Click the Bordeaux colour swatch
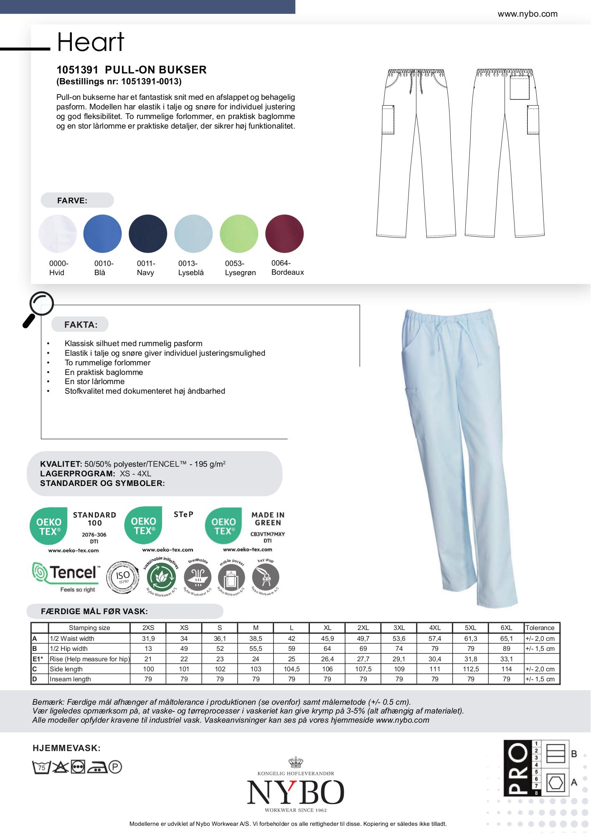[284, 233]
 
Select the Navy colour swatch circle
[148, 233]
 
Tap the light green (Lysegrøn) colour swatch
[239, 233]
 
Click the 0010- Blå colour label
[104, 268]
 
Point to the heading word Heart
[91, 42]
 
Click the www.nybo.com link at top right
[527, 14]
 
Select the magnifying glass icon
[38, 309]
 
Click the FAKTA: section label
[81, 324]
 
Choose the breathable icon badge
[197, 577]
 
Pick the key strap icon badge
[266, 577]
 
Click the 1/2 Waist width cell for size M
[256, 638]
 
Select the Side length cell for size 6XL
[506, 669]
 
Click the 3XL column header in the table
[399, 628]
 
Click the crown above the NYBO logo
[295, 762]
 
